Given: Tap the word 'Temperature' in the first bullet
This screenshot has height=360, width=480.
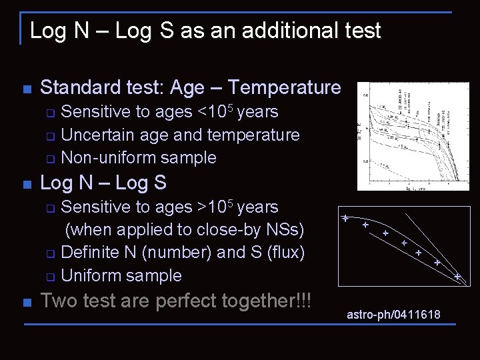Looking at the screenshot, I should (285, 87).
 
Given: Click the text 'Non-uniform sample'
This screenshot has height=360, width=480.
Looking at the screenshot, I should (139, 158).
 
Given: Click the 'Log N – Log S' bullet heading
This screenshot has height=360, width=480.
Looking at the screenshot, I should (103, 183).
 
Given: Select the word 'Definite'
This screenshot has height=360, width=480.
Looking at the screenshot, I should (97, 253).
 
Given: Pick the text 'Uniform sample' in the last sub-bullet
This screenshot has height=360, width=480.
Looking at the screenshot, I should (121, 276).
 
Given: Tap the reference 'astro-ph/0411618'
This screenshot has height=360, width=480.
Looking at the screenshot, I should (393, 315).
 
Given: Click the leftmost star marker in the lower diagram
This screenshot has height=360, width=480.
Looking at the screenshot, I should (346, 219).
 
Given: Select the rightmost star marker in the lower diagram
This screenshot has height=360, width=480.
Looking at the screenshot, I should (457, 275).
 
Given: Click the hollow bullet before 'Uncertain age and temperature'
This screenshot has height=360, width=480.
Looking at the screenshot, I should (50, 136).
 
